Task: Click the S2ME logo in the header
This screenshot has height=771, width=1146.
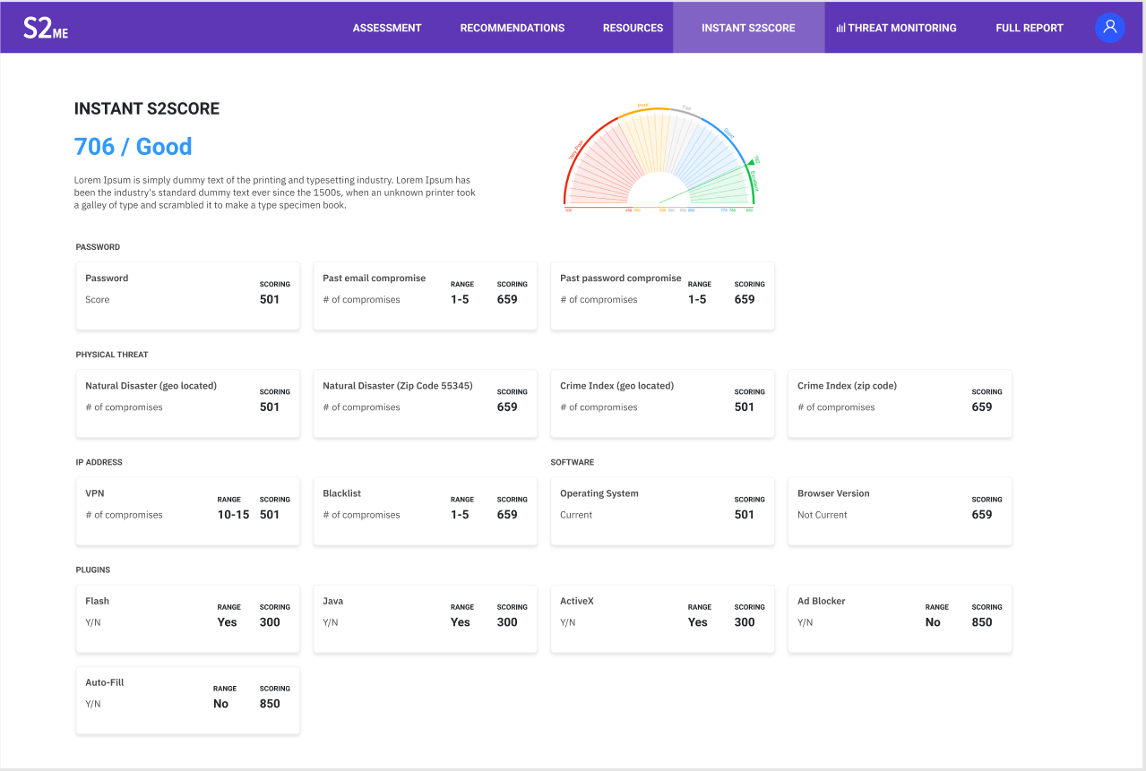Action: (46, 28)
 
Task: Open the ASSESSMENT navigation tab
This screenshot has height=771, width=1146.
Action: (387, 28)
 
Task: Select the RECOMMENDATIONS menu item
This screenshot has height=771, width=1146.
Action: (513, 28)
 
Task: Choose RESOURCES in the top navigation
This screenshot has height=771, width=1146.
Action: (633, 28)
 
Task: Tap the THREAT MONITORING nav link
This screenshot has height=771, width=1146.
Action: (896, 28)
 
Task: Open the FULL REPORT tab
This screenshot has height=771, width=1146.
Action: (1030, 28)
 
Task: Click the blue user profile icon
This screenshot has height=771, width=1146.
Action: (1110, 28)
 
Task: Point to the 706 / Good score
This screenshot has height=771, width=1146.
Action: (133, 146)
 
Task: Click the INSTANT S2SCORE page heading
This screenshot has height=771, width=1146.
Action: (147, 108)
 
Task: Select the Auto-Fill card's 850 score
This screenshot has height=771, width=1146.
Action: (270, 704)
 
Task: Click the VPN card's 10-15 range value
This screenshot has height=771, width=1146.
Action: (233, 515)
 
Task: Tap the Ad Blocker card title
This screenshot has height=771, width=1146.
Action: (822, 601)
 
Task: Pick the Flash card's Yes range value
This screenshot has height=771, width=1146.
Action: (228, 622)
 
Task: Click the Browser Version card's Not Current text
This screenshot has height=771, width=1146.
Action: (823, 515)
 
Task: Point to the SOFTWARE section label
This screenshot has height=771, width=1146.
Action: (573, 462)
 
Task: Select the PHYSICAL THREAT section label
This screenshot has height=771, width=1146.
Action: (112, 355)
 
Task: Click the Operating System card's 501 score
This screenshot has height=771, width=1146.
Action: (745, 515)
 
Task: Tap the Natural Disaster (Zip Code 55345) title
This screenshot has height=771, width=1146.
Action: (398, 386)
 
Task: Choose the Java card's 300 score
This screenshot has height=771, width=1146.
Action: (507, 622)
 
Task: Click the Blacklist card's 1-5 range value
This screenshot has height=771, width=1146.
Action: (460, 515)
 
